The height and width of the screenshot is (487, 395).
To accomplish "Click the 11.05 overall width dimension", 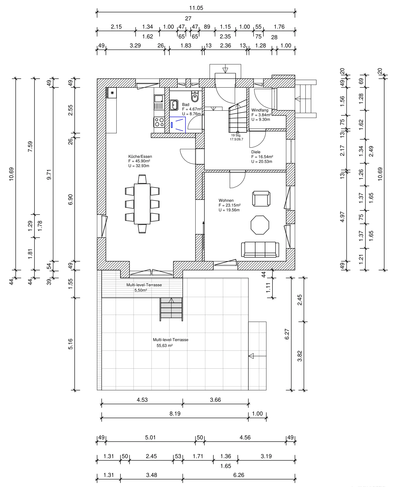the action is [196, 8].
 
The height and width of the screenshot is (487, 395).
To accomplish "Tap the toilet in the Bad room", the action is [195, 97].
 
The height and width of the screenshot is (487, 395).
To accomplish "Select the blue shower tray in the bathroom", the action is [177, 125].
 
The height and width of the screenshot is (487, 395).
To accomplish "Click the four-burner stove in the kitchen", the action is [159, 122].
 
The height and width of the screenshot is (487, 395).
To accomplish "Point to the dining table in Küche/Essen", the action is [142, 204].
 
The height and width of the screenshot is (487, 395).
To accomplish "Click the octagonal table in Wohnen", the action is [260, 225].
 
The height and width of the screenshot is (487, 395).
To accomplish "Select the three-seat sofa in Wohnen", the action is [260, 249].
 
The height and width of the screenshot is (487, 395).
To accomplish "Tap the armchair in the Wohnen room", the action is [261, 199].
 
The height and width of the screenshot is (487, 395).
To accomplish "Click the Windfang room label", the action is [260, 110].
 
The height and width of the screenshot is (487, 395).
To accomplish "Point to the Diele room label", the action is [256, 152].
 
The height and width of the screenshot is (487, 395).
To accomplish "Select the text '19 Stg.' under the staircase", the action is [236, 135].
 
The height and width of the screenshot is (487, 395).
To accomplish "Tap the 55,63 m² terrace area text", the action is [164, 346].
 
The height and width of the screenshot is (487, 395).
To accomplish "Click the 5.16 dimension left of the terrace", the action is [70, 344].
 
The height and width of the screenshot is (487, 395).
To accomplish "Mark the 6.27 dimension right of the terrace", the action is [287, 334].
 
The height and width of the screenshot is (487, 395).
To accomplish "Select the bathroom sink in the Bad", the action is [174, 105].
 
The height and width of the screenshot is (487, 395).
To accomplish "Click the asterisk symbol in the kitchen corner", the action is [112, 93].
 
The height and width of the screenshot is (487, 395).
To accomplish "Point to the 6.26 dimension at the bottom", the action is [239, 475].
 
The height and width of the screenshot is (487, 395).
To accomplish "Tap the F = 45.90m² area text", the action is [139, 161].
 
